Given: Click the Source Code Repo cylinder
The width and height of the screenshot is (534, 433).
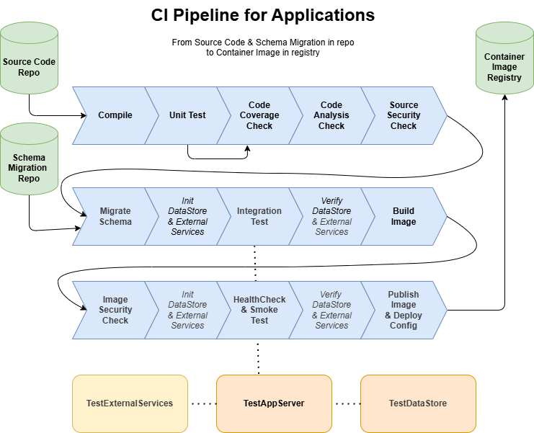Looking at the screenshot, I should (x=29, y=61).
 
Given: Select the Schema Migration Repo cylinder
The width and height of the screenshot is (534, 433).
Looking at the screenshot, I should (x=29, y=162).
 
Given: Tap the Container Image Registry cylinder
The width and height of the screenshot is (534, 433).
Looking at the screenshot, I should (x=504, y=61).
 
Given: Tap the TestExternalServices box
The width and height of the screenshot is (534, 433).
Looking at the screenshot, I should (x=130, y=403).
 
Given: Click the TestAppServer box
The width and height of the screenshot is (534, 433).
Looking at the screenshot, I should (x=274, y=403).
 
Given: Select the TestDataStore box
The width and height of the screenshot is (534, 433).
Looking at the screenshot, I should (x=418, y=403).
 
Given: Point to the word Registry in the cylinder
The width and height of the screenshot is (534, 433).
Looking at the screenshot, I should (x=504, y=78).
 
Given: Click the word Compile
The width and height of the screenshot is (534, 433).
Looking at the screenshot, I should (x=115, y=115).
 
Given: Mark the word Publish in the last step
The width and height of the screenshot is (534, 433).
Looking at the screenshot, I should (x=404, y=295).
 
